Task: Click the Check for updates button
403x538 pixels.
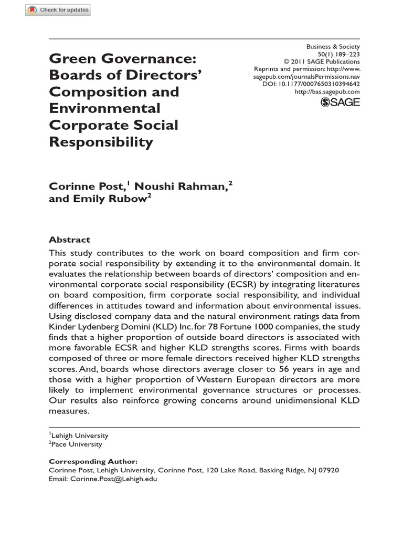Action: (58, 10)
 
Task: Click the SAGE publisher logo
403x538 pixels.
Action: (340, 102)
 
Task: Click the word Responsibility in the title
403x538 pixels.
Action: (101, 142)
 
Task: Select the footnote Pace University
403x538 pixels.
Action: (77, 444)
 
